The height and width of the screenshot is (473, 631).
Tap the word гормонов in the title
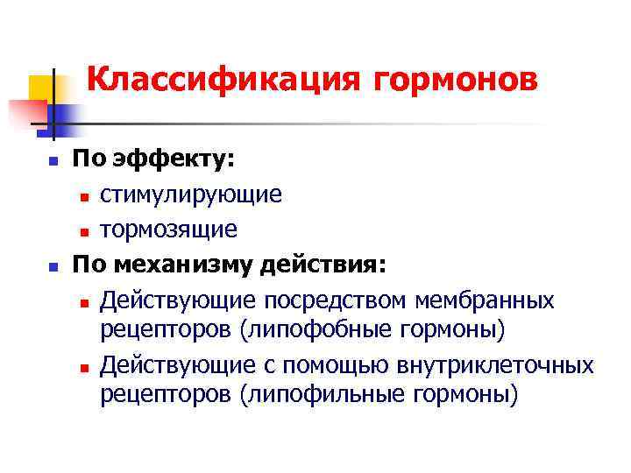[456, 80]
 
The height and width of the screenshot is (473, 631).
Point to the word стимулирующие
[190, 194]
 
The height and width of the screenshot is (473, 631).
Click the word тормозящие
[168, 229]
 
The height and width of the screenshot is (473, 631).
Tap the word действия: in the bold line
[327, 265]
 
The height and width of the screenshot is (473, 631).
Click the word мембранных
[500, 300]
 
